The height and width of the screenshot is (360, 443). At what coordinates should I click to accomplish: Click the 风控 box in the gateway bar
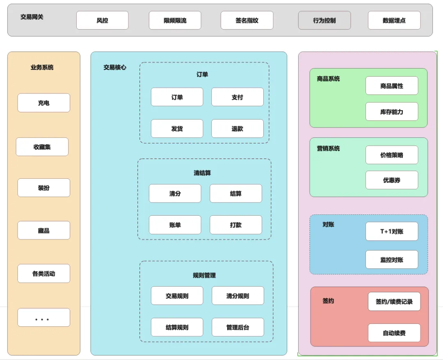pos(102,21)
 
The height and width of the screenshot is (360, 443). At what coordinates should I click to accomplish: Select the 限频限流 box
pos(175,21)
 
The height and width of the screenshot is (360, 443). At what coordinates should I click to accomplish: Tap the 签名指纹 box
pos(247,21)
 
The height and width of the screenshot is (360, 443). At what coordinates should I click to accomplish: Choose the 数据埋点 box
pos(394,21)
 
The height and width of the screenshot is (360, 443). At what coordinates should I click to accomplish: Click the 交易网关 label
pos(32,17)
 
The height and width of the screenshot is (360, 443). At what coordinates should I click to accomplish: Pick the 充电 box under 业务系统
pos(44,103)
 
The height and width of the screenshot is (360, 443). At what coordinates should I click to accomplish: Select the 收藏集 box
pos(42,147)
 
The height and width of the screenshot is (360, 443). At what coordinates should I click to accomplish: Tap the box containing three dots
pos(44,318)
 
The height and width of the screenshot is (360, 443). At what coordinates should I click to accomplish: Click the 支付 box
pos(237,97)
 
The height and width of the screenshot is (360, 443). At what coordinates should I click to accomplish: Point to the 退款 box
pos(237,129)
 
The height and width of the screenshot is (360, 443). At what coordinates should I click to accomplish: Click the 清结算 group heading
pos(202,173)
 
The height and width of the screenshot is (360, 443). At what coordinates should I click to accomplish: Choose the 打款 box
pos(236,225)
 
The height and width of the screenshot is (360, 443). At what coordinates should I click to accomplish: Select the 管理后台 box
pos(238,327)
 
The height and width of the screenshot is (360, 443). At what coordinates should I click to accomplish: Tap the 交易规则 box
pos(177,296)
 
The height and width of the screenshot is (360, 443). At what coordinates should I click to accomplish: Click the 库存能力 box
pos(392,112)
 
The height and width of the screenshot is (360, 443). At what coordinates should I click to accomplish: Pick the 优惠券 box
pos(392,180)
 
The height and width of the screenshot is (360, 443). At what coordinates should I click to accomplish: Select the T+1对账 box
pos(392,232)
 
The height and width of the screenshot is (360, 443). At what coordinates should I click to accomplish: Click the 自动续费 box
pos(395,333)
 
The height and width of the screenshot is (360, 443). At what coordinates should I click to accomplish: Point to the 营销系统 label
pos(328,148)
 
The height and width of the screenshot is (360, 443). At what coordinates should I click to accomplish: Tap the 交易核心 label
pos(115,68)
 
